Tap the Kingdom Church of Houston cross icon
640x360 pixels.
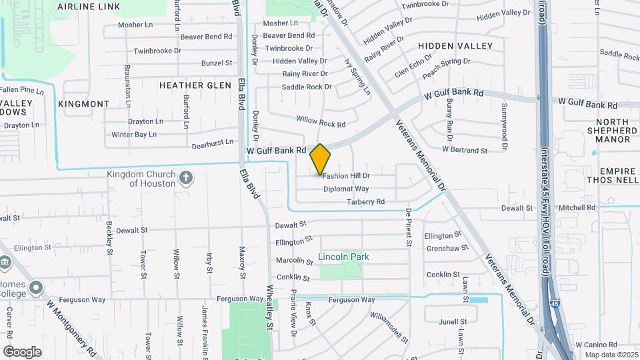[x=186, y=178]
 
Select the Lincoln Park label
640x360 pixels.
[x=343, y=257]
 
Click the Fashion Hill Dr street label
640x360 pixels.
[x=346, y=176]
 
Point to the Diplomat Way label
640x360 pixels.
[x=346, y=189]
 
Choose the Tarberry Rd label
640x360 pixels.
[x=365, y=201]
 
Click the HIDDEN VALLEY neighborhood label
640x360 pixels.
[x=455, y=46]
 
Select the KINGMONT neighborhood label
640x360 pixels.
[x=83, y=104]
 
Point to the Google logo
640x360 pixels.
[x=23, y=351]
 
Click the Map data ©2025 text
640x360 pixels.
[x=611, y=354]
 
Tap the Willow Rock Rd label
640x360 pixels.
[x=321, y=121]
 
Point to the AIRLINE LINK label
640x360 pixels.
[x=89, y=7]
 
